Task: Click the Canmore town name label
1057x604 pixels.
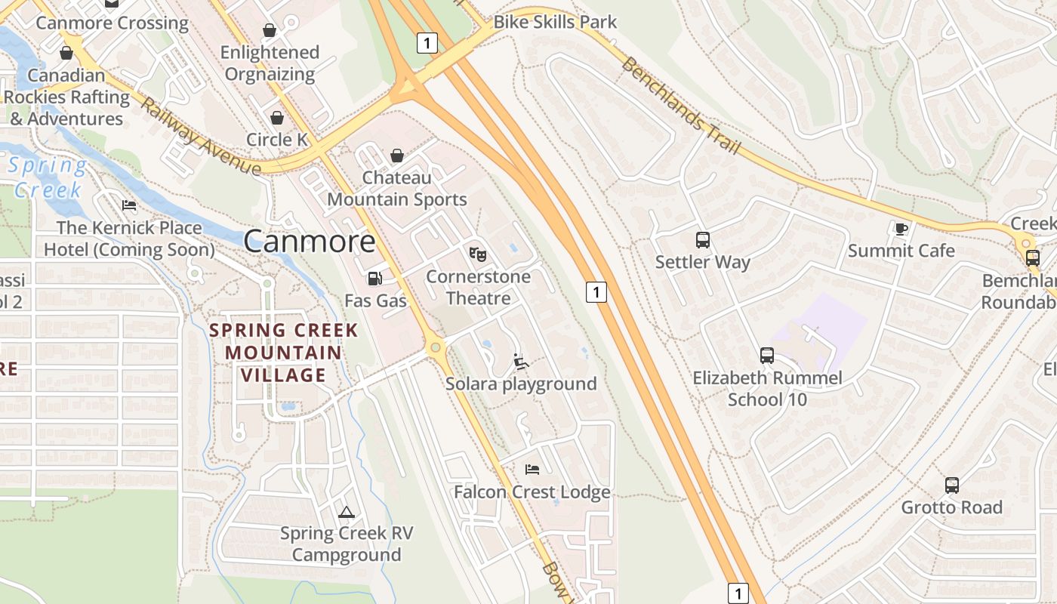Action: tap(310, 242)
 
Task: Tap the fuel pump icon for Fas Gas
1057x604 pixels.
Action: tap(374, 279)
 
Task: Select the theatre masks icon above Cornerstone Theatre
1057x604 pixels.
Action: tap(478, 254)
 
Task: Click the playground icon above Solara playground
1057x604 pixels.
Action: tap(521, 362)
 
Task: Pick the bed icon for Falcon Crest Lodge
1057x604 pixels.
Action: tap(532, 470)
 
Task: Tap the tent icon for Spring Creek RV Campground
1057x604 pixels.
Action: tap(347, 512)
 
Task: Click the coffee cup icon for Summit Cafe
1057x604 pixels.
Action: tap(901, 228)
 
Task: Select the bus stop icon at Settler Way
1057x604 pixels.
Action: tap(703, 240)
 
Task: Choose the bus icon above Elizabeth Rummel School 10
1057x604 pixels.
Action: tap(767, 356)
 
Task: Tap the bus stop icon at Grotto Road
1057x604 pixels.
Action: tap(952, 485)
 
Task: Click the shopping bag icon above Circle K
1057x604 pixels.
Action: tap(277, 118)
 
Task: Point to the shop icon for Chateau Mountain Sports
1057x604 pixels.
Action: tap(397, 156)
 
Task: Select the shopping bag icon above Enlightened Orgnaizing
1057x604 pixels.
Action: tap(270, 30)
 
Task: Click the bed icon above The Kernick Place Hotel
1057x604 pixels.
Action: tap(129, 205)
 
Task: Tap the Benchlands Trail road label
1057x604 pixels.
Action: tap(680, 106)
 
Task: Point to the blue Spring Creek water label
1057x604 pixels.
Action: tap(47, 177)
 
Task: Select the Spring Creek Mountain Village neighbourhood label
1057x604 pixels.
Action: tap(283, 353)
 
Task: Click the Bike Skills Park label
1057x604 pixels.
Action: tap(555, 23)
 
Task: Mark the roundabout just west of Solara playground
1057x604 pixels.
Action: tap(435, 348)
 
